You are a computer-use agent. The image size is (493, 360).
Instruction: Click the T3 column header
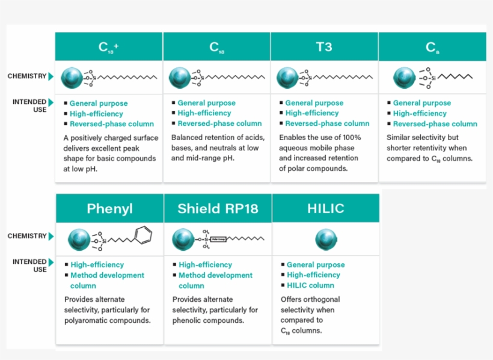pos(323,47)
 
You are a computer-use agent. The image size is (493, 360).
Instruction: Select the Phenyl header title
pos(109,209)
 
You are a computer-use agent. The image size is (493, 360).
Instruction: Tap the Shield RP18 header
pos(218,209)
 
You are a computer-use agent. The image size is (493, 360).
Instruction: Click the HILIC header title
pos(325,209)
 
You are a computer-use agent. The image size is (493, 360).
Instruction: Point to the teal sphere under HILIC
pos(325,240)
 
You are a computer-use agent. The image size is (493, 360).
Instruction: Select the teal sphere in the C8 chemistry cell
pos(405,78)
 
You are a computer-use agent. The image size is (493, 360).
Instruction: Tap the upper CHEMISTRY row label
pos(26,76)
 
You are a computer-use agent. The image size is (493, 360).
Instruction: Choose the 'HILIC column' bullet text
pos(310,285)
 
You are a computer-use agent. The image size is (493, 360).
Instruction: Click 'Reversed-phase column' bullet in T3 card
pos(319,123)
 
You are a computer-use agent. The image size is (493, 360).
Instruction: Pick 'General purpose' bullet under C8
pos(421,103)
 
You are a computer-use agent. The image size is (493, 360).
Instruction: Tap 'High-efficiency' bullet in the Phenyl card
pos(97,264)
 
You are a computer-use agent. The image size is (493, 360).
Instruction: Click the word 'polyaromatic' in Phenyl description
pos(87,320)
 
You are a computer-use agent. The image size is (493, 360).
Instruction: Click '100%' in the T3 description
pos(350,137)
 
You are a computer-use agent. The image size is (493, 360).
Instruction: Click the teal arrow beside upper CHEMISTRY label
pos(51,76)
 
